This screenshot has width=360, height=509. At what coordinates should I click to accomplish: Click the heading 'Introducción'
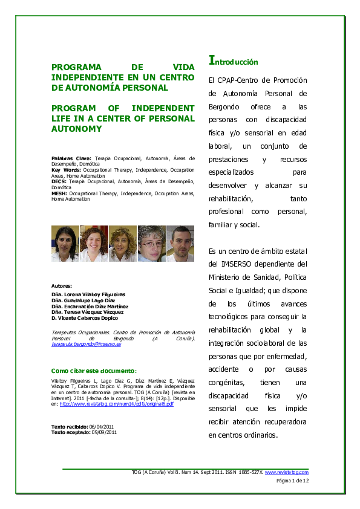(233, 61)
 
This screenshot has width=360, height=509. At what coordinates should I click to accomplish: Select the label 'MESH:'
(59, 193)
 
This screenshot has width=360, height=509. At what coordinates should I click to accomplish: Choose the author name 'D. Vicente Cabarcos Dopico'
(85, 317)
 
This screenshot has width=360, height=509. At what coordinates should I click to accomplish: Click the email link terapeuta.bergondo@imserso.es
(87, 344)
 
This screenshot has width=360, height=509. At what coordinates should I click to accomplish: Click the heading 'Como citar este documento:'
(94, 370)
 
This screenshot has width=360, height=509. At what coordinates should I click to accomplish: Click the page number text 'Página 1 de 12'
(293, 481)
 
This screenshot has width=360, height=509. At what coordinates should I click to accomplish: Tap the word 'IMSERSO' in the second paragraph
(235, 264)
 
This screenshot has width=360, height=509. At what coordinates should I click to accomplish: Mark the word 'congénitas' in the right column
(226, 382)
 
